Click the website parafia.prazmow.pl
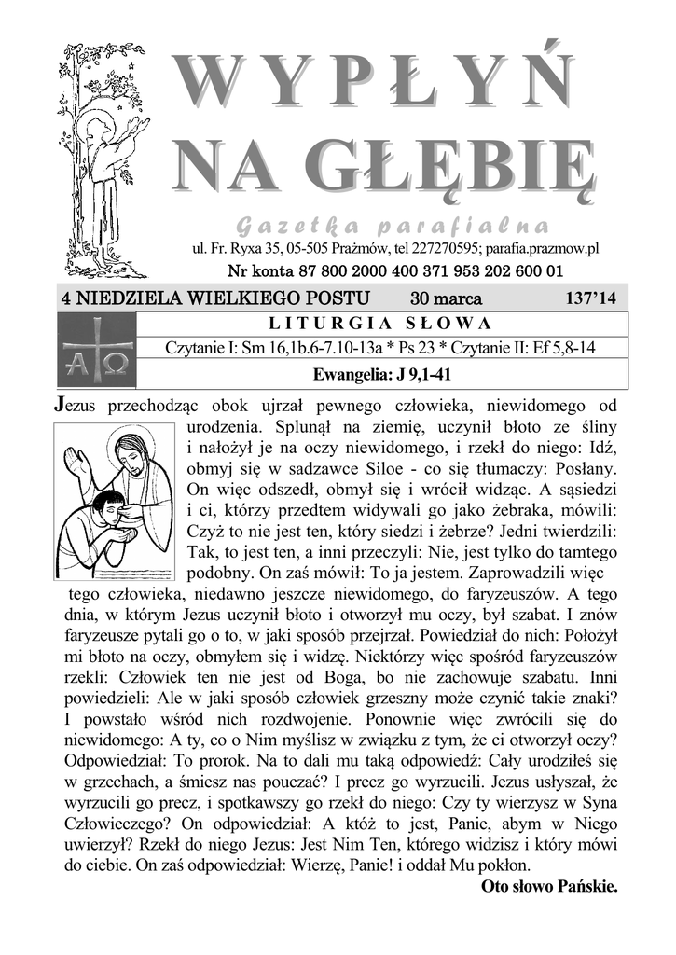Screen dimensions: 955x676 pyautogui.click(x=541, y=249)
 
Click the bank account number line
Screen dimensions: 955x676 pyautogui.click(x=395, y=271)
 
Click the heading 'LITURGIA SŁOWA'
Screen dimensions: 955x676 pyautogui.click(x=379, y=325)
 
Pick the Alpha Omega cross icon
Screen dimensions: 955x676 pyautogui.click(x=96, y=350)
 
